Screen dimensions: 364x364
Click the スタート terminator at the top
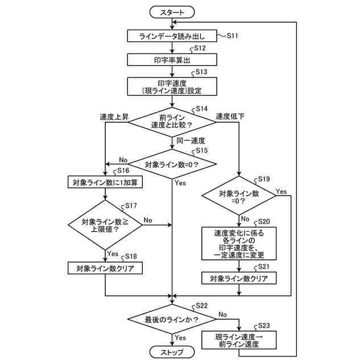[172, 12]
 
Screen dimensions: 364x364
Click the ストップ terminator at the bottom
[172, 352]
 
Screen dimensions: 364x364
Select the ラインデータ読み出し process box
[172, 36]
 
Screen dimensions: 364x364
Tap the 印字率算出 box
[172, 60]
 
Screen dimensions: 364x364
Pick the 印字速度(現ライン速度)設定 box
[172, 86]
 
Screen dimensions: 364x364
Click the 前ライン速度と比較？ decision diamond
[172, 122]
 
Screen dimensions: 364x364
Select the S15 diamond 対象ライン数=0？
[172, 164]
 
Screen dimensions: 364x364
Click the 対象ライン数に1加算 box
[105, 182]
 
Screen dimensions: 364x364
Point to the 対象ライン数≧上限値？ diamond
[105, 225]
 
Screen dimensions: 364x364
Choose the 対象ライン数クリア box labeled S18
[105, 268]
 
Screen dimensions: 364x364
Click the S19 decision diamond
[239, 196]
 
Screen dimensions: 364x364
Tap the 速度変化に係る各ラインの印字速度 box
[239, 243]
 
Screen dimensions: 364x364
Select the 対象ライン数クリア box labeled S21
[239, 278]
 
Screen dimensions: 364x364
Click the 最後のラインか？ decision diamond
[172, 319]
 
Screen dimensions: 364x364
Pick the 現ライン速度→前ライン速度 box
[239, 340]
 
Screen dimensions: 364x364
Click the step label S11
[233, 36]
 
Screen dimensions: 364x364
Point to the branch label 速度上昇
[114, 117]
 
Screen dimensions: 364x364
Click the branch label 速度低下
[230, 116]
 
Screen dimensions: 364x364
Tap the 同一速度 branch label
[191, 140]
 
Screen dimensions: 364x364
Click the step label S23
[264, 325]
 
